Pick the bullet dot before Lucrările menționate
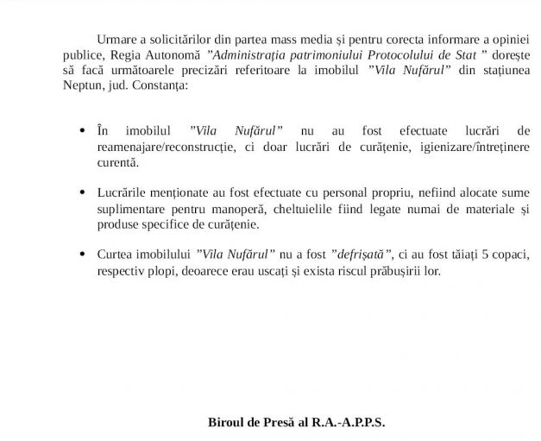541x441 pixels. tap(82, 194)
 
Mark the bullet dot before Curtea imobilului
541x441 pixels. tap(82, 255)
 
